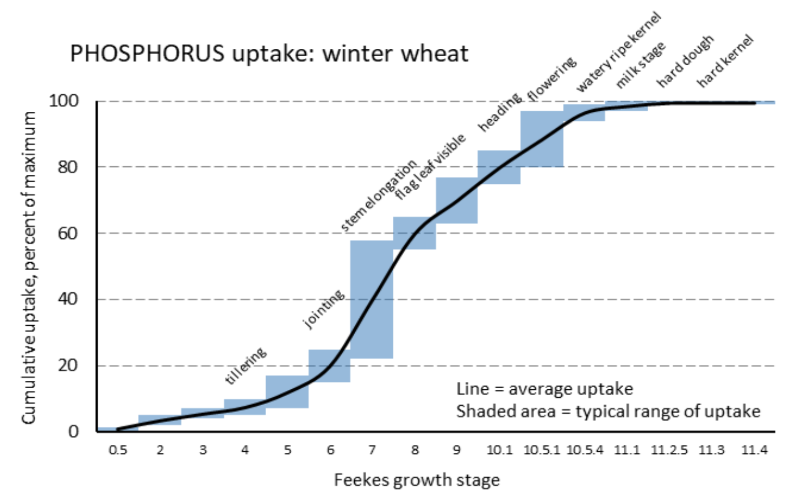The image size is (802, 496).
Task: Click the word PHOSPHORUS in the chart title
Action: coord(147,54)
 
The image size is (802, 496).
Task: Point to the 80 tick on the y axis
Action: coord(68,167)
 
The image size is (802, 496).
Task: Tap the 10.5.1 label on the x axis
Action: coord(541,450)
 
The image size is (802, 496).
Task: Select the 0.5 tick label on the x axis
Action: coord(117,450)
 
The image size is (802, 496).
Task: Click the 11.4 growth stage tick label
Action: coord(754,450)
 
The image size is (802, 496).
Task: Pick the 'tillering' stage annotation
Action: coord(246,366)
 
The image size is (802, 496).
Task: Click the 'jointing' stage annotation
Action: coord(324,309)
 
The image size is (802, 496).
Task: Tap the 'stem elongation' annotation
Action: coord(378,196)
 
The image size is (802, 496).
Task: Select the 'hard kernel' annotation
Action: coord(725,61)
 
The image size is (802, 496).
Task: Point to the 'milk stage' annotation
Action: coord(641,65)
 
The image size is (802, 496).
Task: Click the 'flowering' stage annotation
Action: coord(552,78)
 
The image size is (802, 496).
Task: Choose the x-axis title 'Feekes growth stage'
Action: coord(417,480)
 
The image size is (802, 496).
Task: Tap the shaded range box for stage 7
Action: coord(372,299)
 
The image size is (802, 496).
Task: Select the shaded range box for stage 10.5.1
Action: coord(541,139)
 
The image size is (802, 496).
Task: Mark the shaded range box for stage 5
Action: coord(287,392)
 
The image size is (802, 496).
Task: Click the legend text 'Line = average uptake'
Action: coord(544,389)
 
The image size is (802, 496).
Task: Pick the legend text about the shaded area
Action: coord(608,411)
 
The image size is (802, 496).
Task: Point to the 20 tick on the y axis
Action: coord(68,365)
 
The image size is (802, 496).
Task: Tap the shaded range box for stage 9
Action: coord(456,200)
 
